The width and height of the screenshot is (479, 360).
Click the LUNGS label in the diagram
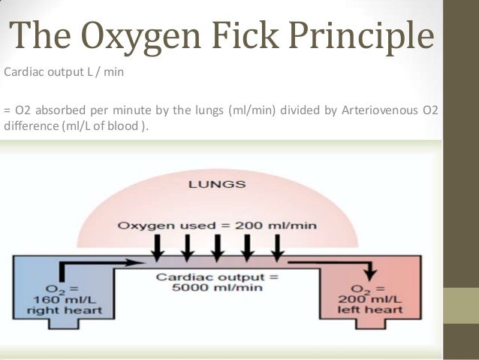point(217,183)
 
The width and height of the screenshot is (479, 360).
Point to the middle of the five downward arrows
point(217,245)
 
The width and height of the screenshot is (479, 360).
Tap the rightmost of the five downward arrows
point(277,245)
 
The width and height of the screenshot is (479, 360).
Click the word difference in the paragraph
point(28,126)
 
